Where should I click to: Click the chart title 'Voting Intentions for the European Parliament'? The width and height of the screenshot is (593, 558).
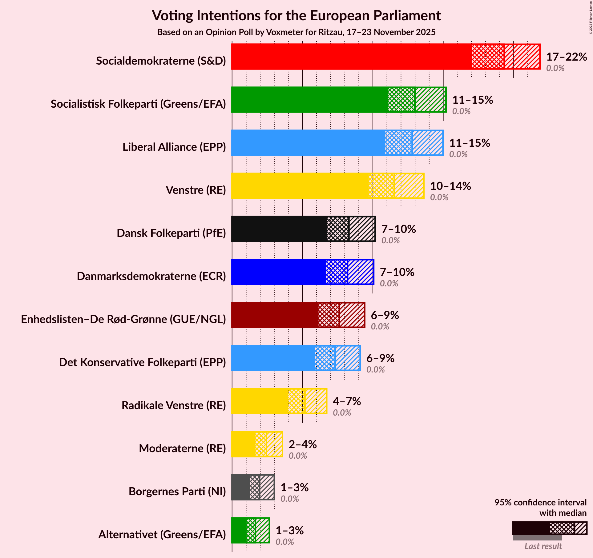[296, 15]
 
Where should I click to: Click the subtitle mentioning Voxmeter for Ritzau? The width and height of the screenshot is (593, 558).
[296, 32]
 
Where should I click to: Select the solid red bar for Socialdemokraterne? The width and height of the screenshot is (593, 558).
[351, 57]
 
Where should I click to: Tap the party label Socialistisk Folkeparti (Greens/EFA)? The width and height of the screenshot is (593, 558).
[138, 104]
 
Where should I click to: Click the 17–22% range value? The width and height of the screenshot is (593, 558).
[567, 57]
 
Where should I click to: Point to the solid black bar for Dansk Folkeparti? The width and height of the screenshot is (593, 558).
[279, 229]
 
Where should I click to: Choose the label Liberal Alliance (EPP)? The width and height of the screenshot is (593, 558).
[174, 147]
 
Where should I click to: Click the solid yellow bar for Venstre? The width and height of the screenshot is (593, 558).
[300, 186]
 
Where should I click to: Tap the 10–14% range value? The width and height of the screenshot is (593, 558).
[450, 186]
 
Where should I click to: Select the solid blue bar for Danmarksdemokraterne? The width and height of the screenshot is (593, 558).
[278, 272]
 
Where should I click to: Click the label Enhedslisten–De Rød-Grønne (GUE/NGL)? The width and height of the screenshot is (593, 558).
[123, 319]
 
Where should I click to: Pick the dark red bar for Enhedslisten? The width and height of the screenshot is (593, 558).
[274, 315]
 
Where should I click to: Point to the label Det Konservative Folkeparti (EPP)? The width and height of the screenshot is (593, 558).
[142, 362]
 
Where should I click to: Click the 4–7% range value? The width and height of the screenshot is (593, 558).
[347, 401]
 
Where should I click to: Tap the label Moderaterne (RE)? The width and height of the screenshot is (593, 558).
[182, 448]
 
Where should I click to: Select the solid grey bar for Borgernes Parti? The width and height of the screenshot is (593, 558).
[240, 487]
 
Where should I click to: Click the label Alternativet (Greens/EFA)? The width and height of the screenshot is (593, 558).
[162, 535]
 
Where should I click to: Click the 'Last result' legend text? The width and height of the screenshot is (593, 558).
[543, 546]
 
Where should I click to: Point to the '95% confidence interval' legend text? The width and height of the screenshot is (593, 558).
[540, 502]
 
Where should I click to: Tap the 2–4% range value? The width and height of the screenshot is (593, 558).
[303, 444]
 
